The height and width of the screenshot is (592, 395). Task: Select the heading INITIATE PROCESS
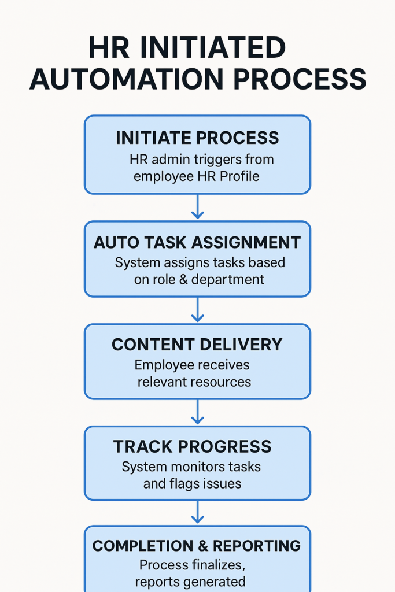197,138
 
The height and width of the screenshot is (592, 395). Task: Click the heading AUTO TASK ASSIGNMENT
197,242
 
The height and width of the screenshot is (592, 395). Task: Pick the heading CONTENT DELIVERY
197,345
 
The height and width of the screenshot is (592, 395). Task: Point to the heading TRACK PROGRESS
192,446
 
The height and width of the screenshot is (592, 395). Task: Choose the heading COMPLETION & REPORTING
197,546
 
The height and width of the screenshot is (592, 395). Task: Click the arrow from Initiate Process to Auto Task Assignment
198,207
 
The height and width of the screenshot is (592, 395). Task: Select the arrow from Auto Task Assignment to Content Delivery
198,310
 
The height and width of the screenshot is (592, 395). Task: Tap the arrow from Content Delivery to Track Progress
198,412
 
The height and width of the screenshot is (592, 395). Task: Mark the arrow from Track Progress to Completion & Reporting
198,512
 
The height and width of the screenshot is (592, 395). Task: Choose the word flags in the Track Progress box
184,483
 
